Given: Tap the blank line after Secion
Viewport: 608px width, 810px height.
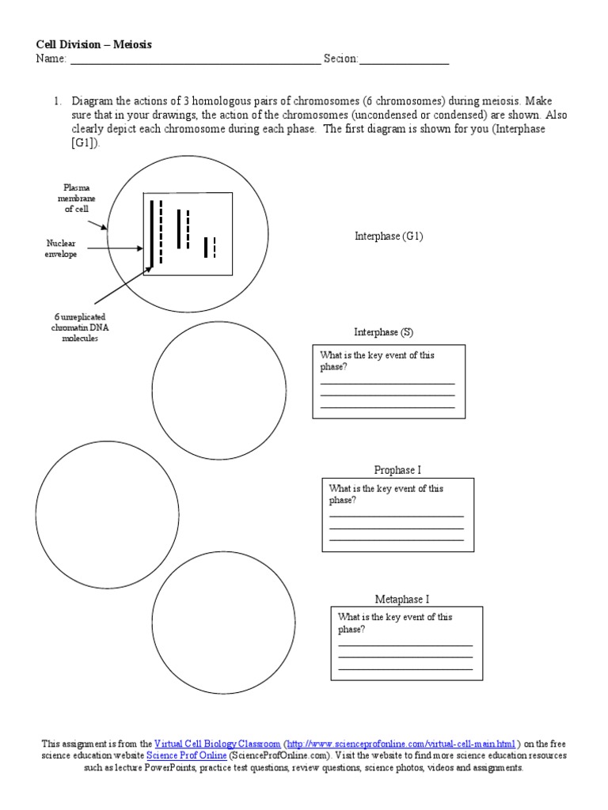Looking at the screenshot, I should [x=405, y=60].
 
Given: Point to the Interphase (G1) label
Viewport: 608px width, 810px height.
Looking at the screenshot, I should [x=389, y=237].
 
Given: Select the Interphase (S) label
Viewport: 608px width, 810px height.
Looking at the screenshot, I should [x=383, y=333].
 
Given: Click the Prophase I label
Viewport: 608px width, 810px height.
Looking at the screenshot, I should [x=397, y=470].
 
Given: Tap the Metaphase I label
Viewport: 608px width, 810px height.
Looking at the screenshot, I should [x=402, y=600].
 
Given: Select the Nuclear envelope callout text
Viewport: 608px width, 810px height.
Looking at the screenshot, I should [x=61, y=249].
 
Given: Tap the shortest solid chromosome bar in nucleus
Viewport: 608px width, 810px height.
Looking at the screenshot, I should [x=206, y=247].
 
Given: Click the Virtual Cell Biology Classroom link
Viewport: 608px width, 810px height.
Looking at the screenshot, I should [x=217, y=744].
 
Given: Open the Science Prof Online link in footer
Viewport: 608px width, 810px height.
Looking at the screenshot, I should [x=186, y=755].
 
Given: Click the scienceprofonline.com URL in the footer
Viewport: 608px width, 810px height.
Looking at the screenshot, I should [x=401, y=744].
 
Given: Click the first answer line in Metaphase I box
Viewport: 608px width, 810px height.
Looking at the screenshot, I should [x=405, y=645].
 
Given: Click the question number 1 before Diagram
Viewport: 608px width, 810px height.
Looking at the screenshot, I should [x=57, y=102].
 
